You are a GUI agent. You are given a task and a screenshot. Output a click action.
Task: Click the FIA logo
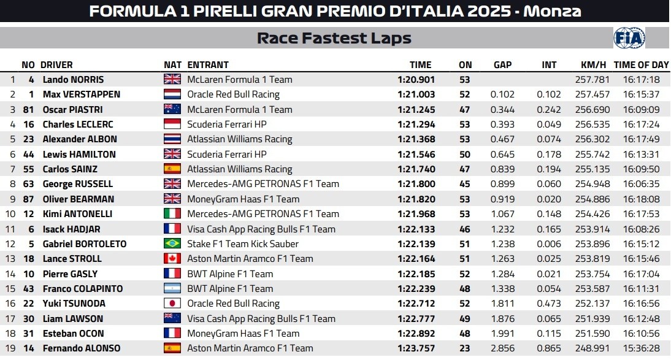point(629,38)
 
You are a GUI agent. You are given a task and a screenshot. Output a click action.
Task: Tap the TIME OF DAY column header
point(641,64)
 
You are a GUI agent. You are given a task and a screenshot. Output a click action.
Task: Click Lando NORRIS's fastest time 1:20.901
point(416,80)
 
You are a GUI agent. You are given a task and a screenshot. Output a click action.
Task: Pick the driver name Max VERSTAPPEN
point(82,94)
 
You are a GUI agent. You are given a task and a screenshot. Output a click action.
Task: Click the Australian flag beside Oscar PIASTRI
point(172,110)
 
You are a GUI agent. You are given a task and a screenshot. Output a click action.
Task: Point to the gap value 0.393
point(502,124)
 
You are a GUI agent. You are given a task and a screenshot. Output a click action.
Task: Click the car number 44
point(28,155)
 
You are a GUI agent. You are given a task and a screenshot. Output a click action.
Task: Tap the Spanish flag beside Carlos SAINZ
point(172,169)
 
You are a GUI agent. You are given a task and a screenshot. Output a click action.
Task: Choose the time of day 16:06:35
point(641,184)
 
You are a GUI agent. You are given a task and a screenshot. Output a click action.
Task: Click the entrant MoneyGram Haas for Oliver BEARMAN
point(243,199)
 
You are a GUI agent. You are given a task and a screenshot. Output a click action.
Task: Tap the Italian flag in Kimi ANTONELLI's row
point(172,214)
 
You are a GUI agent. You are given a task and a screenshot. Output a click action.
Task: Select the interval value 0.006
point(549,244)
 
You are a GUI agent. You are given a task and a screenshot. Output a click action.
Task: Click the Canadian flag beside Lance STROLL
point(172,259)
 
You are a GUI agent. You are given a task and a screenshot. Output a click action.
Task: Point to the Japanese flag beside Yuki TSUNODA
point(172,304)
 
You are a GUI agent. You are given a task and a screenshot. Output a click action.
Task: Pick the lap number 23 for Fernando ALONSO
point(465,348)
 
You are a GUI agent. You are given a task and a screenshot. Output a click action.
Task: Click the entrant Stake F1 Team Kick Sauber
point(243,244)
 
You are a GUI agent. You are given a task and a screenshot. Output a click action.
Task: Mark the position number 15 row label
point(11,289)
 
